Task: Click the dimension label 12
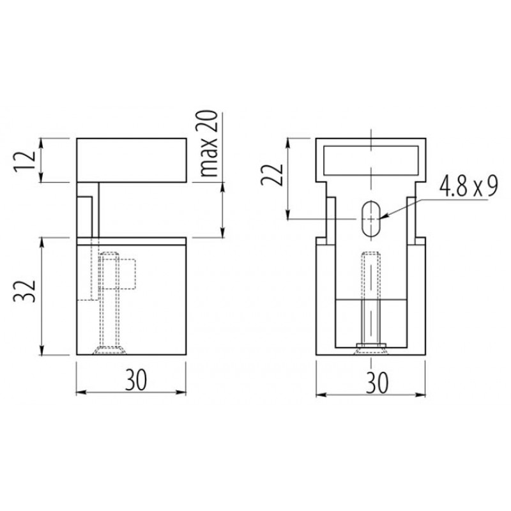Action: tap(24, 160)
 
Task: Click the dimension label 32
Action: tap(24, 291)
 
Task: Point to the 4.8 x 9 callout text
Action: tap(469, 186)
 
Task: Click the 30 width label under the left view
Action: tap(136, 379)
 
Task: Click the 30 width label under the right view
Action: tap(377, 382)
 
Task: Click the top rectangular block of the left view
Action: tap(132, 160)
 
